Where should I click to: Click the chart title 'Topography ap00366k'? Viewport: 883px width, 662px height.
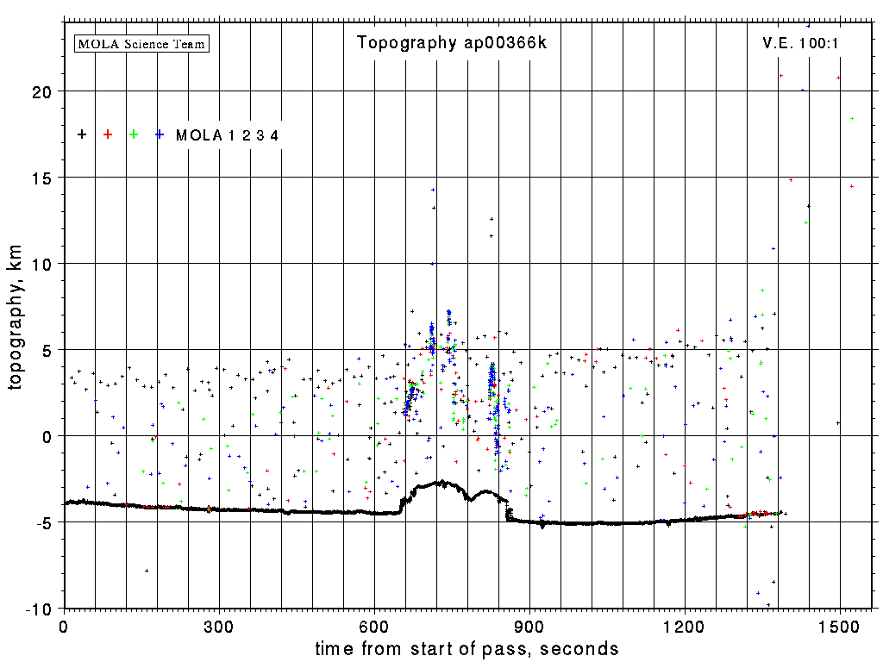point(452,43)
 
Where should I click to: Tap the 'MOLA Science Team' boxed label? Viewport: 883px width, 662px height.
point(142,43)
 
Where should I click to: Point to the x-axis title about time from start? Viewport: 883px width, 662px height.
point(467,648)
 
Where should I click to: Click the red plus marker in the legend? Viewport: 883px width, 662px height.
point(108,134)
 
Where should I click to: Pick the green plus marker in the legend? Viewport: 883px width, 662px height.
point(134,134)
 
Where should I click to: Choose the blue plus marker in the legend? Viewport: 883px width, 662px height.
point(160,134)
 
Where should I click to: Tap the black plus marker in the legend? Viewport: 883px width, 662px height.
point(82,134)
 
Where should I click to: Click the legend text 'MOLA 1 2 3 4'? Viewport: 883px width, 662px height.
point(227,135)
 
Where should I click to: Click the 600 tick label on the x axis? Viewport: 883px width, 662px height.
point(374,626)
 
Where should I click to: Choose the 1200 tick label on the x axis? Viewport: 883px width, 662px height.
point(685,626)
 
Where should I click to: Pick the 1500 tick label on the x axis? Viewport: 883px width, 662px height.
point(840,626)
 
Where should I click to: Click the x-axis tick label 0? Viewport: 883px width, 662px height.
point(64,626)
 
